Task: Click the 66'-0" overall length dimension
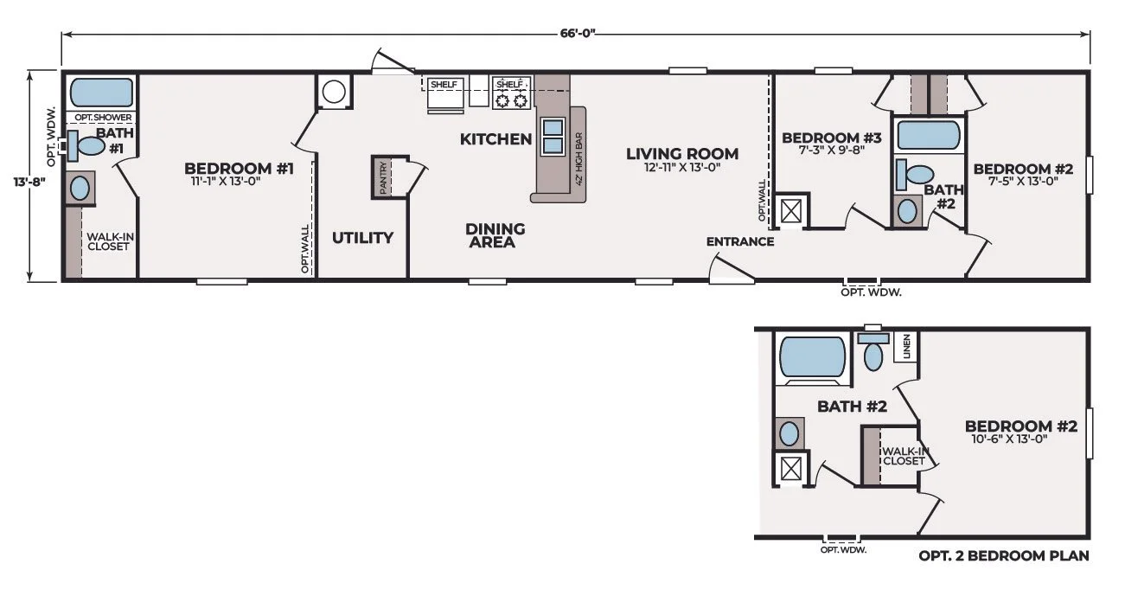pos(578,34)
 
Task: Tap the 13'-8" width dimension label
pos(29,182)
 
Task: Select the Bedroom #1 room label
pos(239,169)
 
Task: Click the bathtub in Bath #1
pos(101,93)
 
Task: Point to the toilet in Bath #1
pos(86,145)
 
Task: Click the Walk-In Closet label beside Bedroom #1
pos(111,241)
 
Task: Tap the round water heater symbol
pos(334,92)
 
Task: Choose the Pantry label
pos(384,177)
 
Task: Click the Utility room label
pos(362,237)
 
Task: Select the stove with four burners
pos(511,93)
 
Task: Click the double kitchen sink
pos(553,136)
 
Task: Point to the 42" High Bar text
pos(579,159)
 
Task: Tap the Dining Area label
pos(495,235)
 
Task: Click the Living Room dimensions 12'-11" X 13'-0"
pos(682,167)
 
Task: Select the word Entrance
pos(740,241)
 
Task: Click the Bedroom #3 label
pos(832,138)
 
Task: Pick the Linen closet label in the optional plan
pos(906,346)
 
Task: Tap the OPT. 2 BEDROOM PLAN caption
pos(1004,555)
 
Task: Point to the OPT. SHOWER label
pos(104,118)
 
